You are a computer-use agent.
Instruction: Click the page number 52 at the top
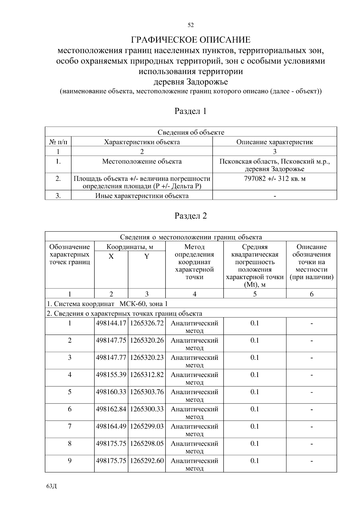(x=190, y=25)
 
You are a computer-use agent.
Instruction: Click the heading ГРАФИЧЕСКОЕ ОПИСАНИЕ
(x=190, y=40)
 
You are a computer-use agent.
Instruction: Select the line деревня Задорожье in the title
(x=190, y=82)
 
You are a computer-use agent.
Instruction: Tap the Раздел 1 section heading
(x=190, y=111)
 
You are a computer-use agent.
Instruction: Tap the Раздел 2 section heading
(x=190, y=216)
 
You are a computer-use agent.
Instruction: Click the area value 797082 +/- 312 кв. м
(x=274, y=179)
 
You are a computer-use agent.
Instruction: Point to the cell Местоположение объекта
(x=142, y=161)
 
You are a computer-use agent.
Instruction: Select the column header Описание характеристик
(x=274, y=142)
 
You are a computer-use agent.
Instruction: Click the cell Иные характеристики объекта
(x=142, y=196)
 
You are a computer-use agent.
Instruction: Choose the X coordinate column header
(x=111, y=256)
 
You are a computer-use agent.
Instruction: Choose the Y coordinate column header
(x=147, y=256)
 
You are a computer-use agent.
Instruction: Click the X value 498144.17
(x=111, y=323)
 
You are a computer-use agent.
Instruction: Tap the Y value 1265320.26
(x=147, y=341)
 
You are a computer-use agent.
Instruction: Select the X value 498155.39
(x=111, y=375)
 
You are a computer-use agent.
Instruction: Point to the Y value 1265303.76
(x=147, y=392)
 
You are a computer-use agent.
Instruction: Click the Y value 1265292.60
(x=147, y=461)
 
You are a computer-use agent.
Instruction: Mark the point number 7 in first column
(x=69, y=426)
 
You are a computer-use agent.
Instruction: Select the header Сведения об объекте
(x=190, y=132)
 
